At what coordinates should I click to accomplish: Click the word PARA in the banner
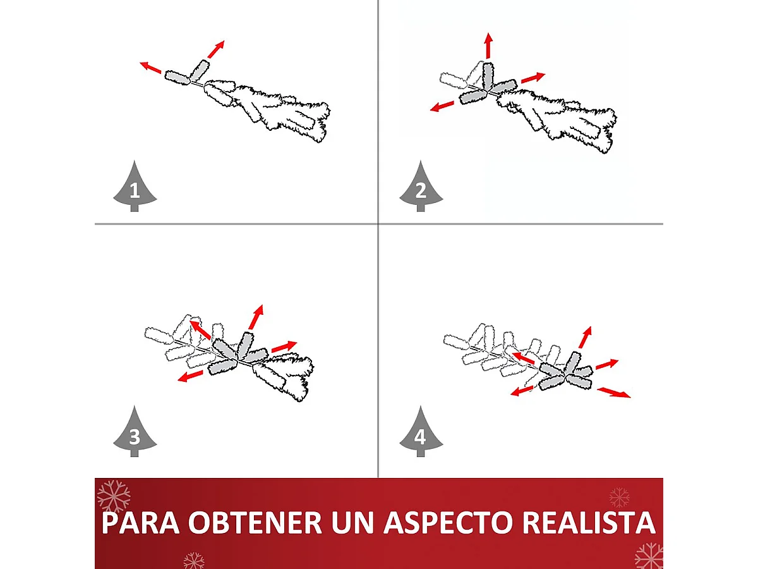(x=141, y=523)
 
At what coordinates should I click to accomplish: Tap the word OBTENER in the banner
(x=255, y=523)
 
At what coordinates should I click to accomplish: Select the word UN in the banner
(x=352, y=523)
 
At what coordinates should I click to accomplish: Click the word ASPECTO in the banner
(x=448, y=523)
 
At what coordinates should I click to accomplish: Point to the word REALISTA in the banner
(x=589, y=523)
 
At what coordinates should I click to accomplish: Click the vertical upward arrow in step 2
(x=488, y=46)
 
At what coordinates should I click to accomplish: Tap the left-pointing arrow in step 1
(x=150, y=68)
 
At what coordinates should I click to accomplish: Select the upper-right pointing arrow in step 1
(x=216, y=49)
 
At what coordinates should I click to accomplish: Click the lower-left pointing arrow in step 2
(x=442, y=106)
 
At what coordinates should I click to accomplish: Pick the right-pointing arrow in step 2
(x=533, y=78)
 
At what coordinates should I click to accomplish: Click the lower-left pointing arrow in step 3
(x=190, y=376)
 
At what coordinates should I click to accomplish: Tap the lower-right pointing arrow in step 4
(x=614, y=393)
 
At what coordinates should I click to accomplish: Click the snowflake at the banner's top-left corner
(x=114, y=496)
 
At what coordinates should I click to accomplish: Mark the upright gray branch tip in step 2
(x=488, y=76)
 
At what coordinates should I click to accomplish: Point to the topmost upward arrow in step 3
(x=256, y=317)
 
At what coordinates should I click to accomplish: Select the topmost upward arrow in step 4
(x=586, y=337)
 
